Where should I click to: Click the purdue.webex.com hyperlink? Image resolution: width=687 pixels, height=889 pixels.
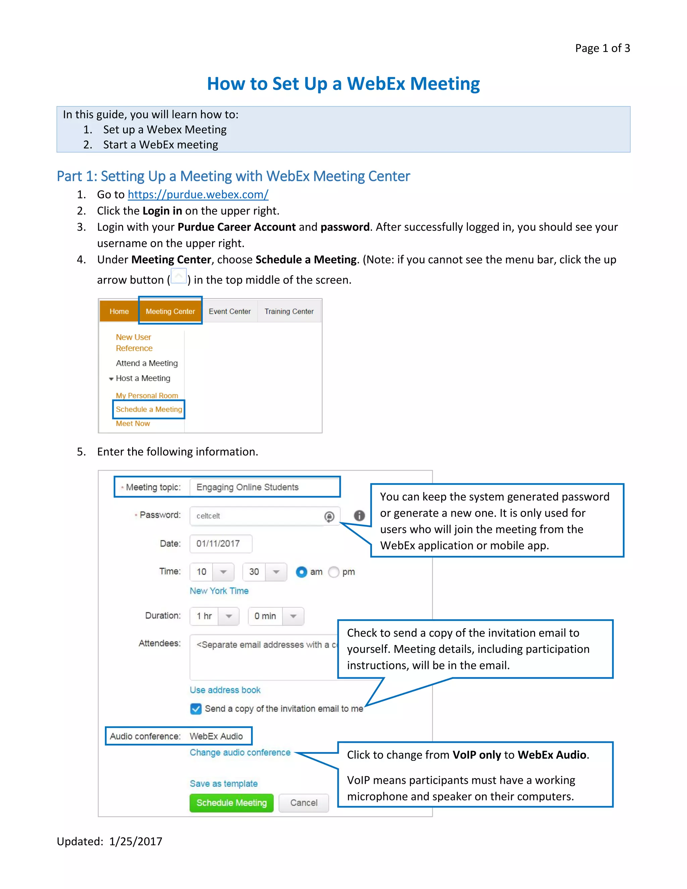pos(198,195)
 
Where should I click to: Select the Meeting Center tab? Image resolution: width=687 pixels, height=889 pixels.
pos(170,311)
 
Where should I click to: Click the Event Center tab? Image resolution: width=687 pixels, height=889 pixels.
pos(229,311)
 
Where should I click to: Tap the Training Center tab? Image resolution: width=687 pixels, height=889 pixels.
pos(289,311)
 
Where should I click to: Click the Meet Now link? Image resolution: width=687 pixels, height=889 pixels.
pos(133,423)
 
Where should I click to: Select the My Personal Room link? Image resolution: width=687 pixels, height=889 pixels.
pos(147,395)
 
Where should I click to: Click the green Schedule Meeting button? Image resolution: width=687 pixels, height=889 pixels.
pos(231,803)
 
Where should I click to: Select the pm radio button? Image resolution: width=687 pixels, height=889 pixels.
pos(334,572)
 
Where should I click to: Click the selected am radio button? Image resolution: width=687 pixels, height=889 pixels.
pos(301,572)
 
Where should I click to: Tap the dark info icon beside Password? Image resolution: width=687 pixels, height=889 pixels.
pos(359,516)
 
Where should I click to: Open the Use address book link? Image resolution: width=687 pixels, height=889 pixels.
pos(225,690)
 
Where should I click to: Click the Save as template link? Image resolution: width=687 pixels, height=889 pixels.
pos(223,784)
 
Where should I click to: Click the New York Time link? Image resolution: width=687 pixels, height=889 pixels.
pos(219,591)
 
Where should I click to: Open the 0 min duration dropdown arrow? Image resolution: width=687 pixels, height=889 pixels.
pos(293,616)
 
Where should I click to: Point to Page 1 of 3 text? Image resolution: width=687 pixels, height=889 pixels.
pos(602,48)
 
